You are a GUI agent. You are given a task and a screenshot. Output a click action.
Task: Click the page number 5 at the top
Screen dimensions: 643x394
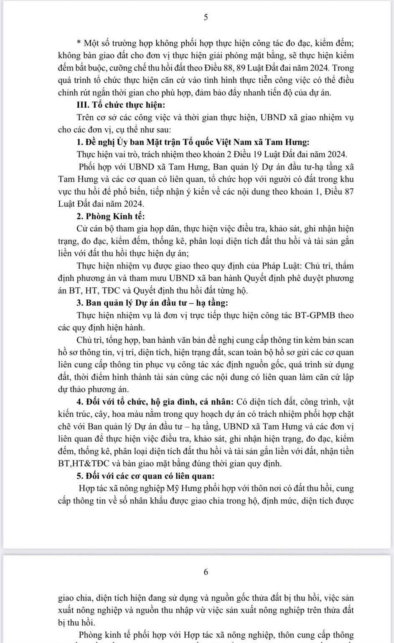tap(206, 17)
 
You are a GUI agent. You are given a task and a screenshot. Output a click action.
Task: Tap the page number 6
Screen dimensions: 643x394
tap(206, 572)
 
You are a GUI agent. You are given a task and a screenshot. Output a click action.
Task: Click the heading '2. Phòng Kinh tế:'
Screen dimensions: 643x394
tap(111, 216)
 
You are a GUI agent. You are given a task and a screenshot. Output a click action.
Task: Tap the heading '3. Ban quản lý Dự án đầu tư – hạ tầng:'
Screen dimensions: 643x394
tap(152, 303)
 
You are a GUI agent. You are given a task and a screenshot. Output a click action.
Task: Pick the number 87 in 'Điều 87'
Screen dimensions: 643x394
tap(349, 192)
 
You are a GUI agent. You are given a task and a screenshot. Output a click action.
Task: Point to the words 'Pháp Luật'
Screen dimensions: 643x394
tap(281, 266)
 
